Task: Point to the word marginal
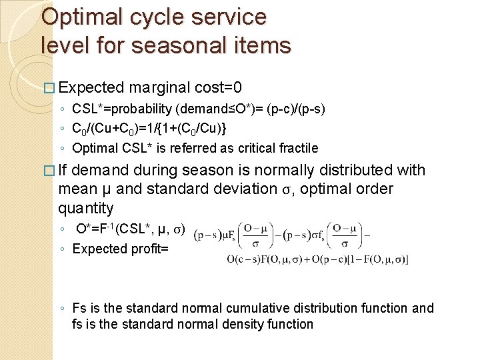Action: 160,87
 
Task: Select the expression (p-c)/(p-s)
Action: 295,108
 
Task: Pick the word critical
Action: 247,148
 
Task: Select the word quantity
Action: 86,209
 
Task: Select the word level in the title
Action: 65,45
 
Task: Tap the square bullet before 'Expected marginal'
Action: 46,88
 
